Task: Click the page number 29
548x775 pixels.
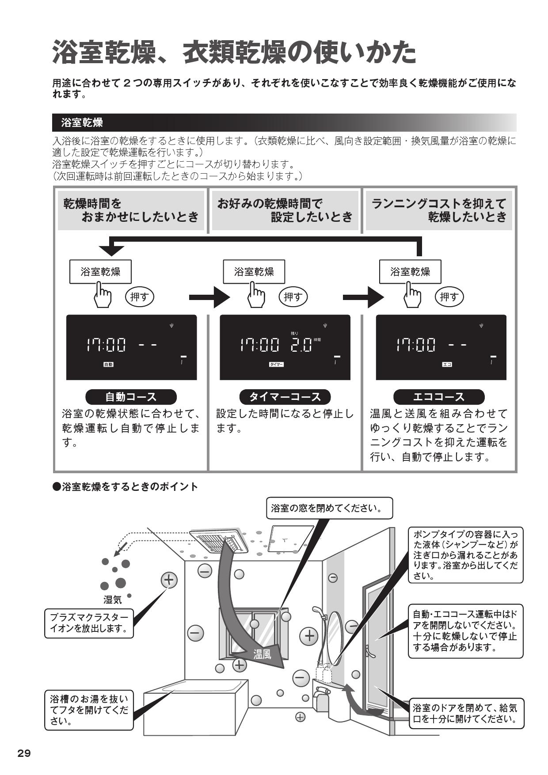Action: coord(24,753)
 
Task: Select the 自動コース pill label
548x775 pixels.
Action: coord(131,396)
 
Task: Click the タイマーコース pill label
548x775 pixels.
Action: coord(285,396)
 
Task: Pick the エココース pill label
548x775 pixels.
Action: coord(439,396)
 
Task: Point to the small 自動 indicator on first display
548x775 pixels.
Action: coord(108,365)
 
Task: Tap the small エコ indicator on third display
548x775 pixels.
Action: coord(447,365)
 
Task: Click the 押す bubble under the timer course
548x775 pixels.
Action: coord(293,297)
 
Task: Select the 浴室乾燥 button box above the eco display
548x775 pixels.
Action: coord(410,272)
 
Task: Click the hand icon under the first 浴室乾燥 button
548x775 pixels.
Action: coord(103,295)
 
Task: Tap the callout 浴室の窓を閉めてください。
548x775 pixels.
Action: coord(329,508)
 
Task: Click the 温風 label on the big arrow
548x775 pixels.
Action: coord(262,654)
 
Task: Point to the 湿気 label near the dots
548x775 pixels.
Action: coord(112,600)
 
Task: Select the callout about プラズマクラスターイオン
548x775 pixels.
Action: coord(89,623)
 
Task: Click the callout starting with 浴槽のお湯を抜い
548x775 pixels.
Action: coord(89,710)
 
